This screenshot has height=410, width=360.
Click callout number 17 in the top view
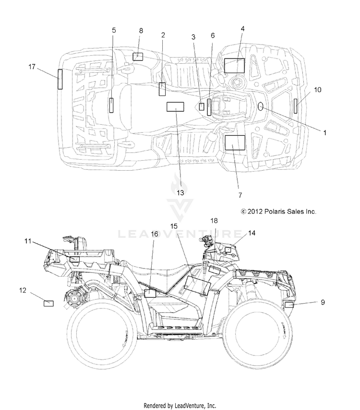click(32, 67)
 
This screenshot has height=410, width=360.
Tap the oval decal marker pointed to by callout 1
click(261, 106)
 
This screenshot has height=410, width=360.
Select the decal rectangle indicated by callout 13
click(175, 106)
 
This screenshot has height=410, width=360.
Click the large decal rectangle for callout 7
click(235, 143)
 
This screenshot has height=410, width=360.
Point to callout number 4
click(242, 29)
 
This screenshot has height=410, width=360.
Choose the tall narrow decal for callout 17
click(60, 79)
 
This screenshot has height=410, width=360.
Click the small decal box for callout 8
click(138, 57)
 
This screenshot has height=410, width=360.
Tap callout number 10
click(317, 90)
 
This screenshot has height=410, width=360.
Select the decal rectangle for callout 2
click(162, 89)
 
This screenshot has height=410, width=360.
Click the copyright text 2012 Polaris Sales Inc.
click(278, 211)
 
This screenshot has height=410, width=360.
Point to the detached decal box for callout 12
click(48, 304)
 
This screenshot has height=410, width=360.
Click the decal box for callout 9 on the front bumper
click(289, 305)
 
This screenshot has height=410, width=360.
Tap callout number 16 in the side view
click(155, 234)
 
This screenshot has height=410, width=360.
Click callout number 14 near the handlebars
click(252, 233)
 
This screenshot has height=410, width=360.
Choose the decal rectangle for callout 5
click(111, 105)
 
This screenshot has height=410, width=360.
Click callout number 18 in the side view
click(214, 221)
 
